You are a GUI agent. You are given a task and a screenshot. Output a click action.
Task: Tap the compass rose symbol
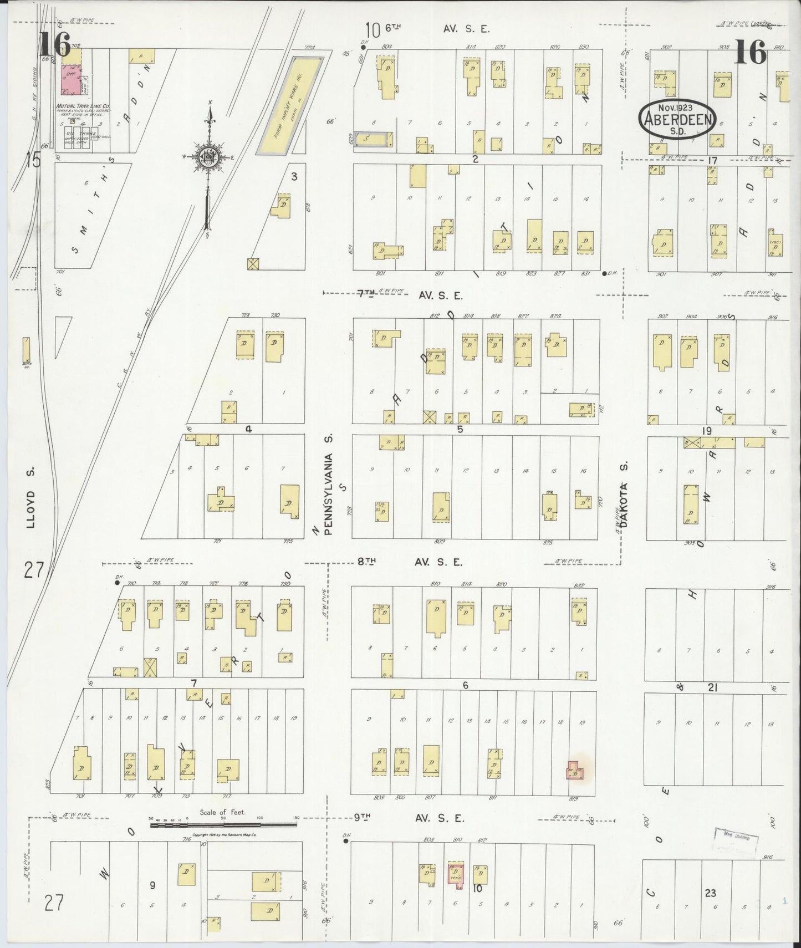(x=209, y=157)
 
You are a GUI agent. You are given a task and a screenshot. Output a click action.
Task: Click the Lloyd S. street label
(x=32, y=497)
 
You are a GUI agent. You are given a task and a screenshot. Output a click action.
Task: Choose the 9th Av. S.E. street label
(x=409, y=818)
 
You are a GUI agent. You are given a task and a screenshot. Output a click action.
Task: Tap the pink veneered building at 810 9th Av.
(x=456, y=875)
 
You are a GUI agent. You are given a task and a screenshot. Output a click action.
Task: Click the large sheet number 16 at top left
(x=54, y=45)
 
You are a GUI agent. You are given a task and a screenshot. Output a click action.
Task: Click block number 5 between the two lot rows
(x=460, y=429)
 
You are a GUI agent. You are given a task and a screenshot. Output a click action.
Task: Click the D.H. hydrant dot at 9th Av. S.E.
(x=345, y=841)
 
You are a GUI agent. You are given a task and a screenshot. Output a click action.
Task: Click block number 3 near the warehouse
(x=294, y=177)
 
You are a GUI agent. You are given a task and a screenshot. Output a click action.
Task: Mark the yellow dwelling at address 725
(x=289, y=501)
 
